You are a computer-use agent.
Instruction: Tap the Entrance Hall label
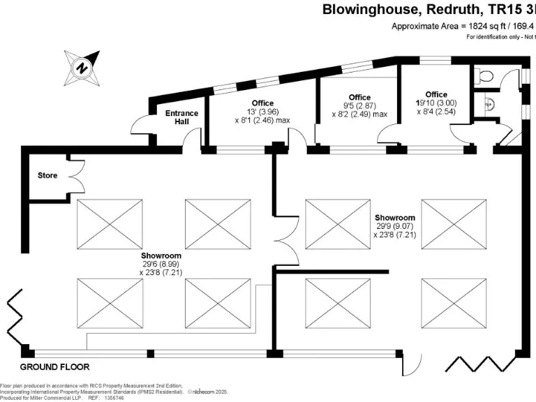(x=181, y=117)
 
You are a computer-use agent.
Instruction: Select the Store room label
(x=47, y=175)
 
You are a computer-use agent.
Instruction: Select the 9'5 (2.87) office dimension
(x=359, y=105)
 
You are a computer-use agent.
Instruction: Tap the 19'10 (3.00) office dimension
(x=436, y=103)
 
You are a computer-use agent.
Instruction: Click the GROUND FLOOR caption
(x=54, y=366)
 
